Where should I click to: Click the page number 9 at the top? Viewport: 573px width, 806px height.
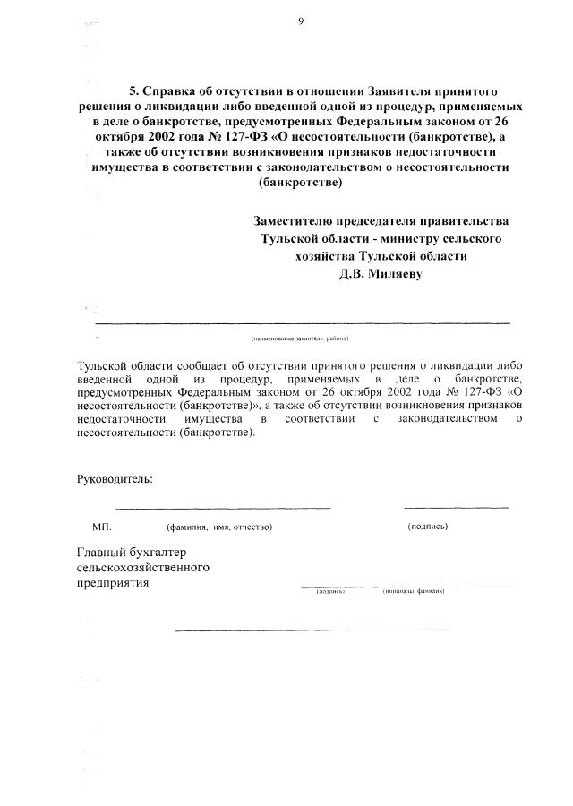pos(302,24)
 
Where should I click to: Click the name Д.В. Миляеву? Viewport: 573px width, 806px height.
pos(380,274)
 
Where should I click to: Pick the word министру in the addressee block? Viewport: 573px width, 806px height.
pos(415,238)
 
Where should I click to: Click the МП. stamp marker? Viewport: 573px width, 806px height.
pos(100,527)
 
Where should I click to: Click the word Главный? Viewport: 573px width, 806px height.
pos(101,551)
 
